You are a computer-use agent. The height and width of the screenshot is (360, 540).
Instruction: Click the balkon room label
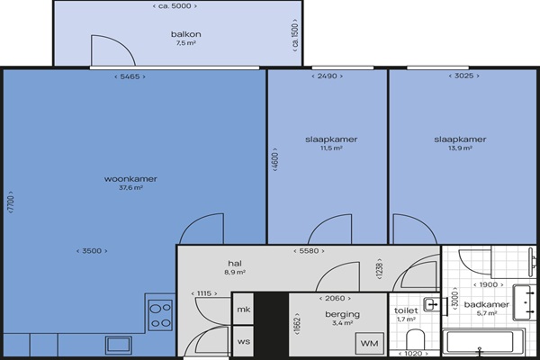tap(186, 34)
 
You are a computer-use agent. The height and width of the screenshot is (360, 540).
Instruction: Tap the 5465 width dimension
tap(130, 76)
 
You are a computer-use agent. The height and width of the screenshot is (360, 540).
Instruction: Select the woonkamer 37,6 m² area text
tap(130, 188)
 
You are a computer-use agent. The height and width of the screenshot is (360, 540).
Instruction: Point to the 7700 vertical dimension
tap(11, 202)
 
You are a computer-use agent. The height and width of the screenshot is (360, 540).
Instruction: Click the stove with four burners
tap(160, 315)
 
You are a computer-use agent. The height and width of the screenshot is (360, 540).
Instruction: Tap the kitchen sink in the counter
tap(119, 345)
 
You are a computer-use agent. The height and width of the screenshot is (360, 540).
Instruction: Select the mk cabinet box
tap(244, 309)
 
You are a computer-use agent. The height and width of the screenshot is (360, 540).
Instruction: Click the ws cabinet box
tap(244, 341)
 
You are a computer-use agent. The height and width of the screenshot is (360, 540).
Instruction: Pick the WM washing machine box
tap(370, 344)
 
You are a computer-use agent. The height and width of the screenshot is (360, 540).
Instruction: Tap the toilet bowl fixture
tap(415, 339)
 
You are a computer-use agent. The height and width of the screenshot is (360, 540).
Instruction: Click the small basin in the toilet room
tap(432, 304)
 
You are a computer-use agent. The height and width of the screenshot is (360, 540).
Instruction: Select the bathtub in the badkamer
tap(483, 342)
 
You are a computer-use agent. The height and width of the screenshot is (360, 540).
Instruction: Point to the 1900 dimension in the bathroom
tap(489, 284)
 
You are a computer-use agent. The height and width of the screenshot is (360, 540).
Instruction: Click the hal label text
tap(235, 263)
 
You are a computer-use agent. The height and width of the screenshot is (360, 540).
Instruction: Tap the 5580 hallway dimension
tap(309, 251)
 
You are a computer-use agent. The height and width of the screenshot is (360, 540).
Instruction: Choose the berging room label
tap(342, 314)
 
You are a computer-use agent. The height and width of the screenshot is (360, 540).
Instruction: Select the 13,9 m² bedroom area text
tap(460, 148)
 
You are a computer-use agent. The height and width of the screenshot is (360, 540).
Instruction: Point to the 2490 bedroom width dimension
tap(328, 76)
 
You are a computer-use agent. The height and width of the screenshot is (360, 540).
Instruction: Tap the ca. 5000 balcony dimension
tap(175, 6)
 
